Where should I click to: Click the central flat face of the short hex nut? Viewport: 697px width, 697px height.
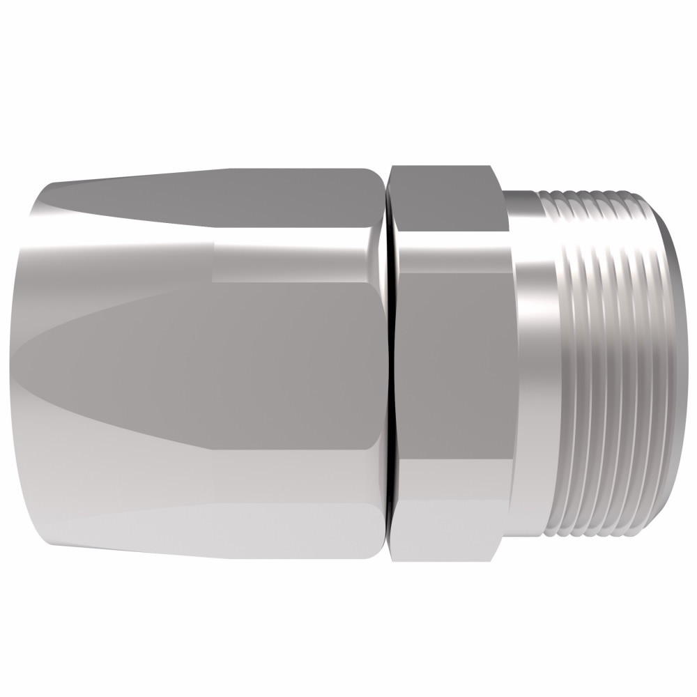[x=453, y=362]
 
